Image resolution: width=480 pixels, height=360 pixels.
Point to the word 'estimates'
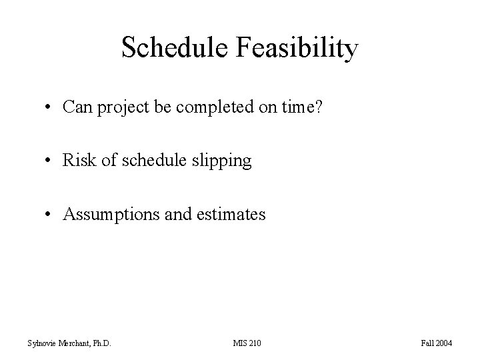pos(235,214)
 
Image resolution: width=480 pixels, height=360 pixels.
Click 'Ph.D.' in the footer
pos(99,343)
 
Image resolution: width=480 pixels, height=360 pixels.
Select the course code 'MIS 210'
pos(247,343)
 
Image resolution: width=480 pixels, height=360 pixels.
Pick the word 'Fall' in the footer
pos(427,343)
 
